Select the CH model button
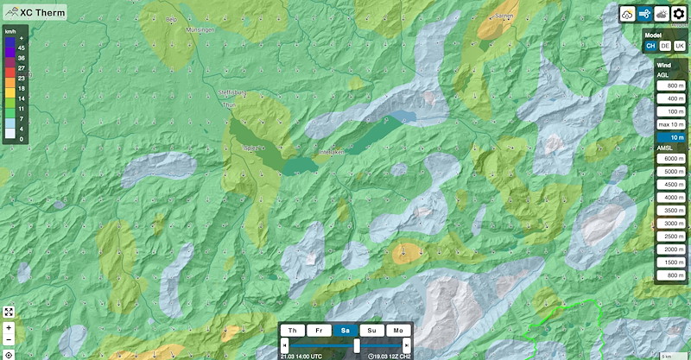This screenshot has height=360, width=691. click(x=650, y=46)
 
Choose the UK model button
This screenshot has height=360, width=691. click(x=680, y=46)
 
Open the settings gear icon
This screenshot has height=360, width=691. click(x=680, y=14)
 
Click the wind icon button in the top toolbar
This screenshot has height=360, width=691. click(x=644, y=14)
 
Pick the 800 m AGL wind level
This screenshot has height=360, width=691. click(x=670, y=86)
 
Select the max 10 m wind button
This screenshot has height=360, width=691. click(x=670, y=124)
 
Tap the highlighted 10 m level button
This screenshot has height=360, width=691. click(x=670, y=137)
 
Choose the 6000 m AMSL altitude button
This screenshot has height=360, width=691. click(x=670, y=159)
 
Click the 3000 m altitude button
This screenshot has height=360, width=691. click(x=670, y=223)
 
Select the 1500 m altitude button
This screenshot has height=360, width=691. click(x=670, y=262)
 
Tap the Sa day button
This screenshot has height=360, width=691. click(x=345, y=330)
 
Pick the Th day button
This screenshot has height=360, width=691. click(x=294, y=330)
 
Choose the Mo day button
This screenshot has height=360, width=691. click(x=398, y=330)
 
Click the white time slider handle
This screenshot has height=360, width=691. click(x=356, y=345)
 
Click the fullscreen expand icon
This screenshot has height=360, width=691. click(x=9, y=312)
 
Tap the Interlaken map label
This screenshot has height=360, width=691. click(x=332, y=152)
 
